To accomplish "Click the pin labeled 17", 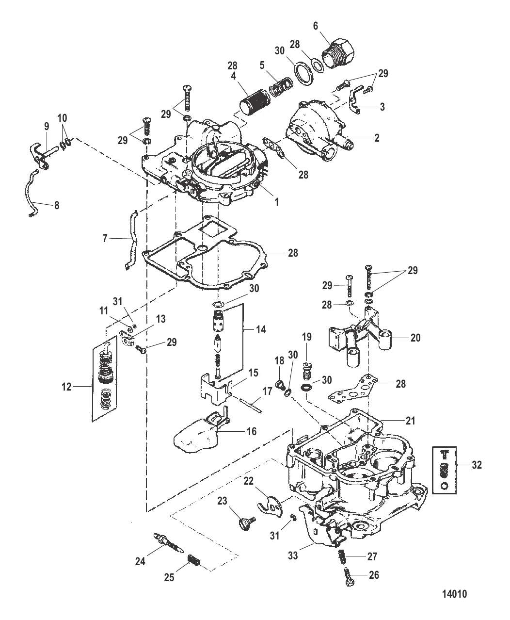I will pyautogui.click(x=251, y=405).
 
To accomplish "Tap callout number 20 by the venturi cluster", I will pyautogui.click(x=415, y=338).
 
